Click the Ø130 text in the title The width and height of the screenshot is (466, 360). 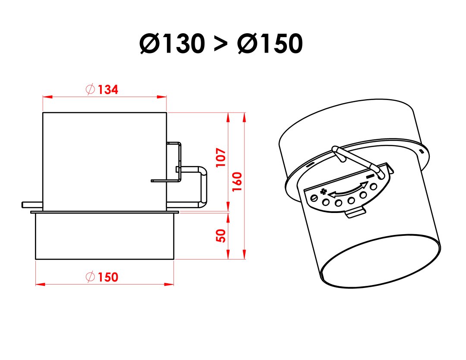(x=172, y=44)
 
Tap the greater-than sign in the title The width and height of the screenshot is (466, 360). (x=220, y=44)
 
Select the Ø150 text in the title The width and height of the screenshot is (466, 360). (x=270, y=44)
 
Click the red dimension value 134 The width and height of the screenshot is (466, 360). (x=108, y=89)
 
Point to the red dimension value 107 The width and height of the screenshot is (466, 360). (x=221, y=157)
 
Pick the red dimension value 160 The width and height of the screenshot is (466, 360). (x=237, y=182)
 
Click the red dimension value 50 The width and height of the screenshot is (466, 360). (x=221, y=236)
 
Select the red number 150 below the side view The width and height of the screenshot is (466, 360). (x=108, y=277)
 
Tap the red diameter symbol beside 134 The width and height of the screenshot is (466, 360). (x=90, y=89)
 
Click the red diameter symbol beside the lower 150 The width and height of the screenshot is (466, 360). (x=90, y=277)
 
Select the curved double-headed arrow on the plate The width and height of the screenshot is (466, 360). (x=347, y=189)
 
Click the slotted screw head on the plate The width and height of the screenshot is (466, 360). (x=314, y=198)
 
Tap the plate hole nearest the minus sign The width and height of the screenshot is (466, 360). (x=374, y=187)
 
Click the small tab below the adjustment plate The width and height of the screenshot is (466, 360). (x=356, y=213)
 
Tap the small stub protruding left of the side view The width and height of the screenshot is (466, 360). (x=32, y=205)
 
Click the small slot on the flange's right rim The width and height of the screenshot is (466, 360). (x=421, y=151)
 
